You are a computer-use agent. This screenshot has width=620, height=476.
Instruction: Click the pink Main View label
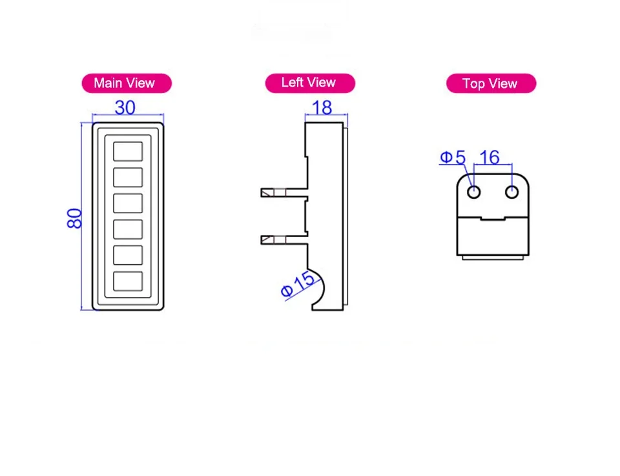(x=126, y=83)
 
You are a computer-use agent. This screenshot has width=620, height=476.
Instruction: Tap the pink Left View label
(x=309, y=83)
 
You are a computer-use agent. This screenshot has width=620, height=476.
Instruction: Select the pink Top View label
(x=491, y=84)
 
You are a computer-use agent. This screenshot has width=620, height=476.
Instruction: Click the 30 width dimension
(x=125, y=107)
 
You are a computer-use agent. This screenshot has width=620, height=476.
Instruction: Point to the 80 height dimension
(x=74, y=218)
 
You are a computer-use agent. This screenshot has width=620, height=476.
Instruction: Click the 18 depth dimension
(x=322, y=107)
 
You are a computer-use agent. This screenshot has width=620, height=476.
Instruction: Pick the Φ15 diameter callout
(x=298, y=284)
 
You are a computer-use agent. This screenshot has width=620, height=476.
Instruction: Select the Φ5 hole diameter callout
(x=453, y=157)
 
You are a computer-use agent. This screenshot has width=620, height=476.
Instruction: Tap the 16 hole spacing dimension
(x=490, y=157)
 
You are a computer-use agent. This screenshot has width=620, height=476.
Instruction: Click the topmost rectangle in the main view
(x=128, y=151)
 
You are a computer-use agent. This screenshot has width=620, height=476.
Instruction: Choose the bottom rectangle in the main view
(x=128, y=281)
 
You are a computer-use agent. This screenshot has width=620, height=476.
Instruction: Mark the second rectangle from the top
(x=128, y=177)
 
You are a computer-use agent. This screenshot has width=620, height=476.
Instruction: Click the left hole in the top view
(x=473, y=192)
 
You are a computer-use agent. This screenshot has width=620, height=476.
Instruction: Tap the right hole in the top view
(x=512, y=192)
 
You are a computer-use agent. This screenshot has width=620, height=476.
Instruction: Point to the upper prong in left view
(x=283, y=192)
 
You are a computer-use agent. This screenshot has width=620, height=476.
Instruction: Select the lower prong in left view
(x=283, y=240)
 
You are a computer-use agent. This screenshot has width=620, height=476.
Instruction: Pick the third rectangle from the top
(x=128, y=203)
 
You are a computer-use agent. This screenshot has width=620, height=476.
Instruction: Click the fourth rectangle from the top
(x=128, y=229)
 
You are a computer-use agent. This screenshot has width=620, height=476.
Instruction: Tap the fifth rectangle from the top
(x=128, y=255)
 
